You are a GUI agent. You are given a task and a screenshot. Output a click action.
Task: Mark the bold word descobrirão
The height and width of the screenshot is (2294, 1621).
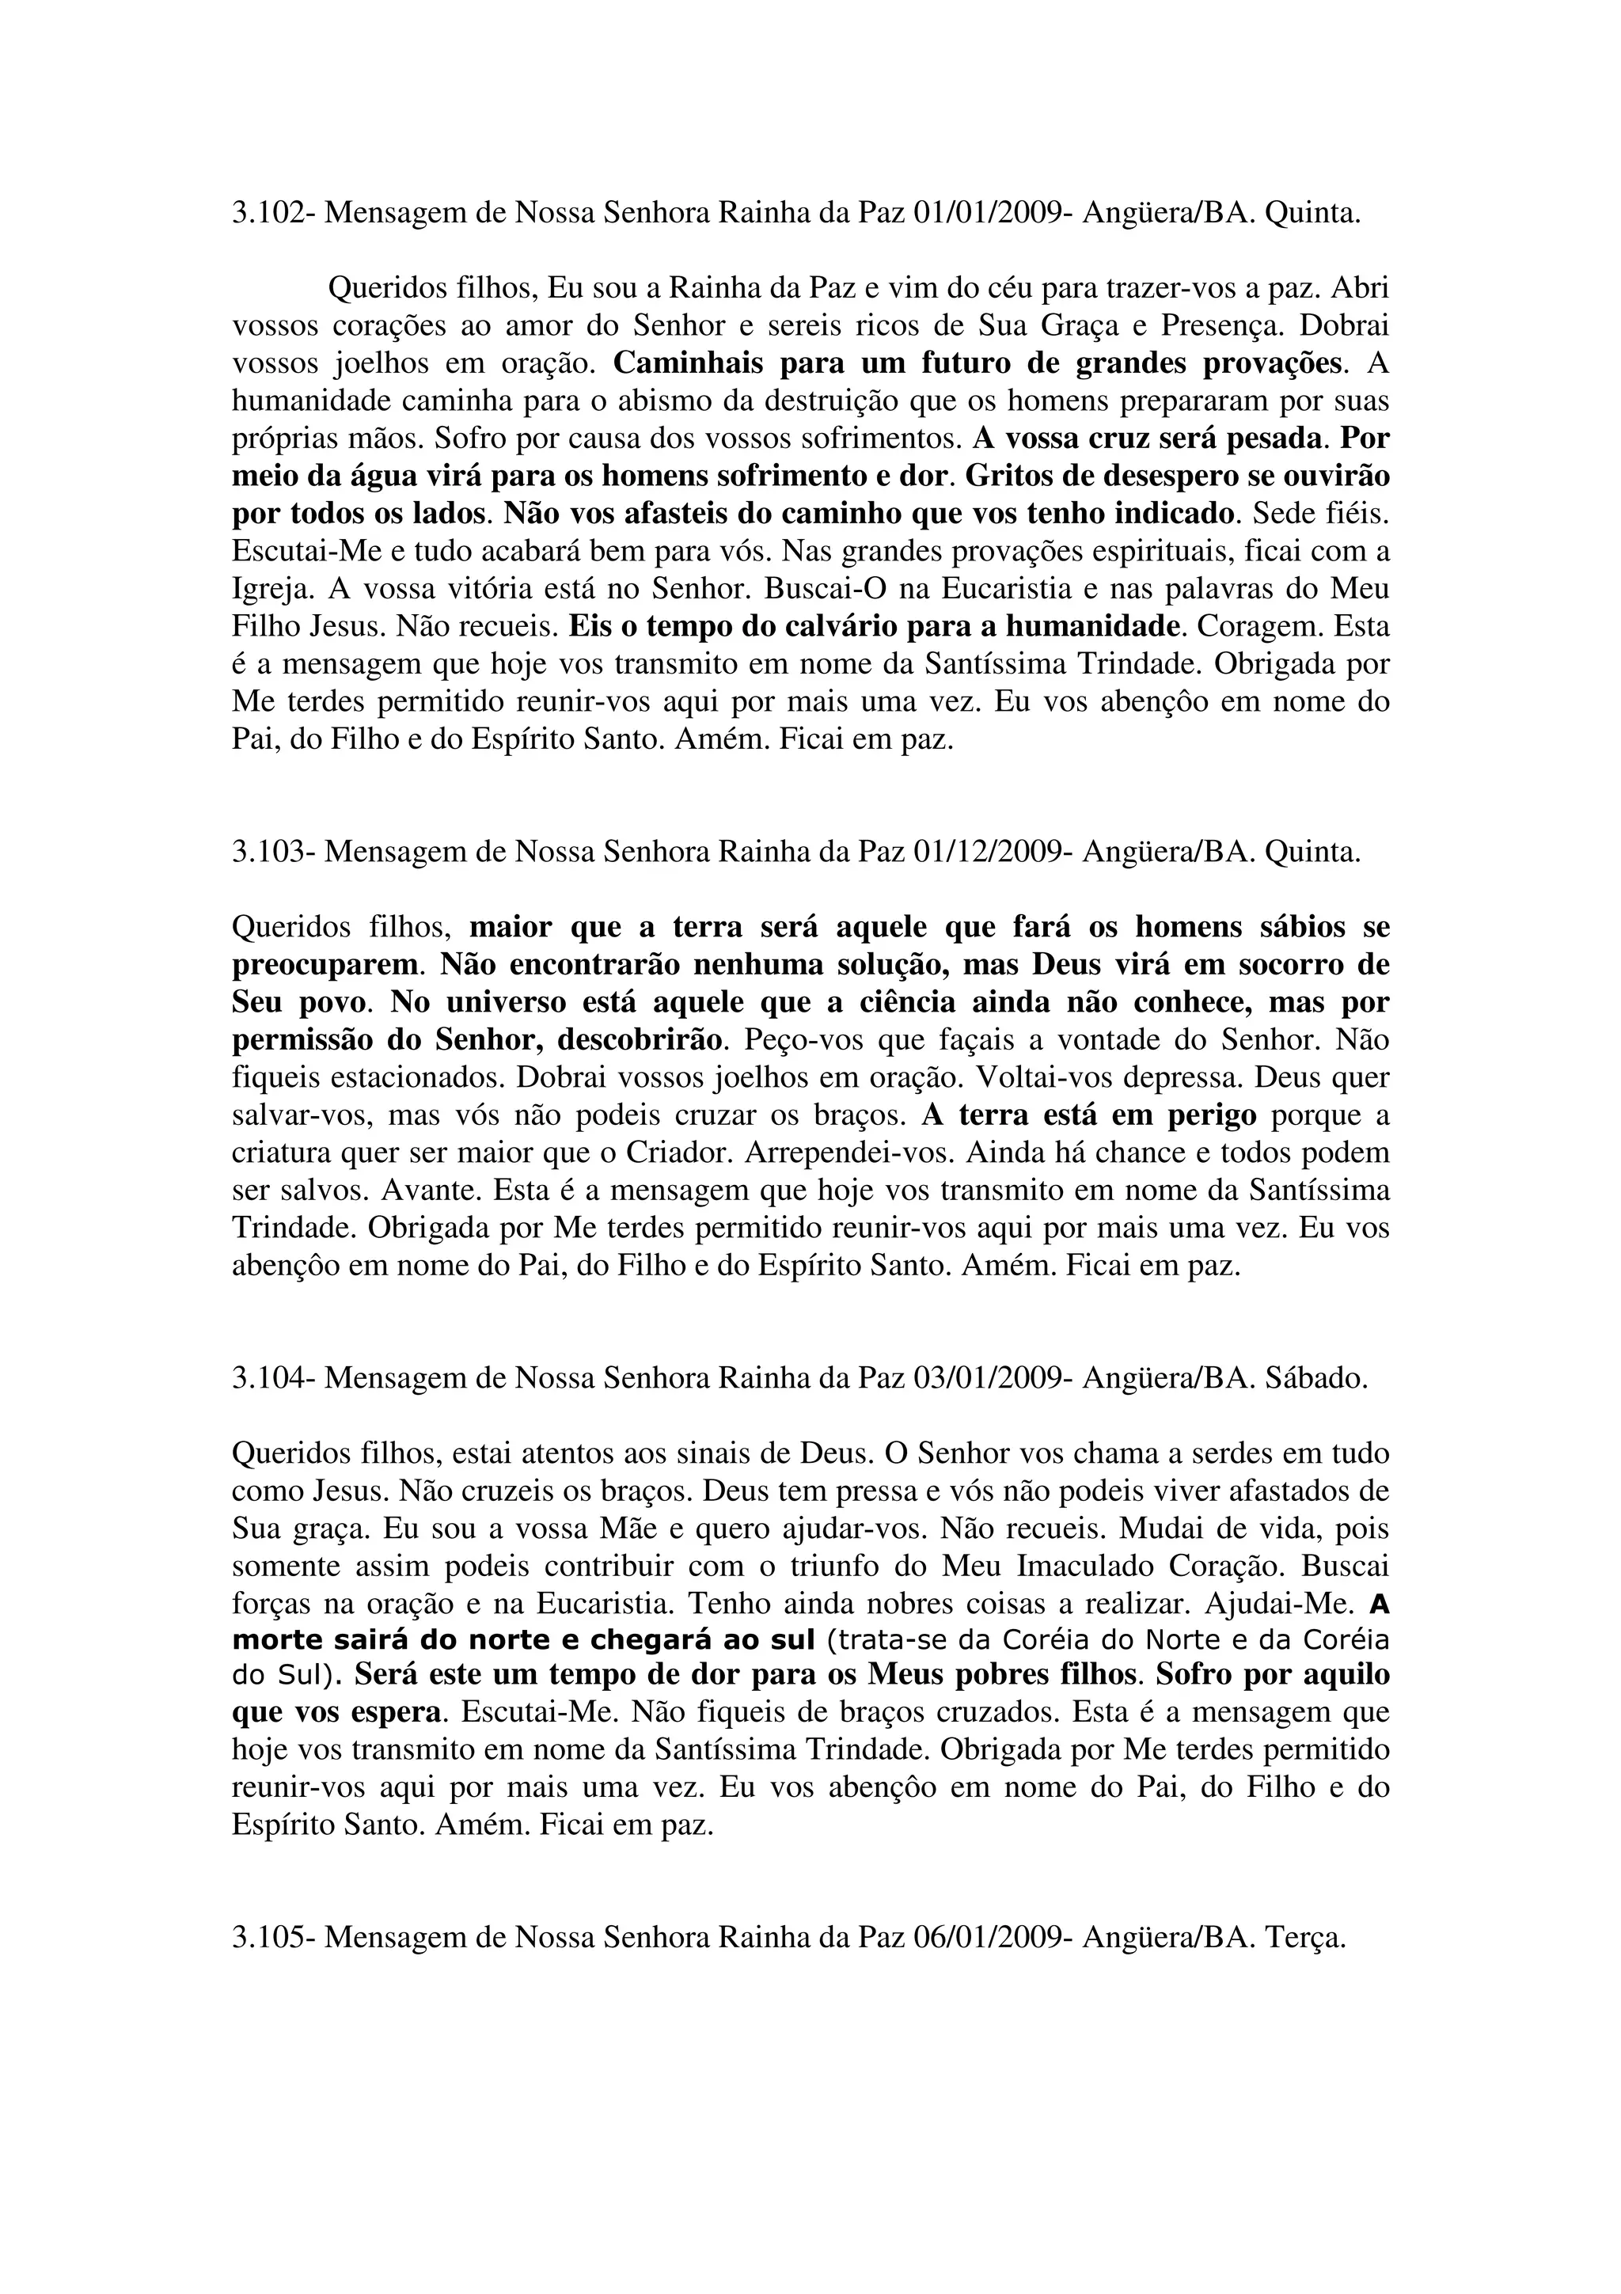point(641,1040)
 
